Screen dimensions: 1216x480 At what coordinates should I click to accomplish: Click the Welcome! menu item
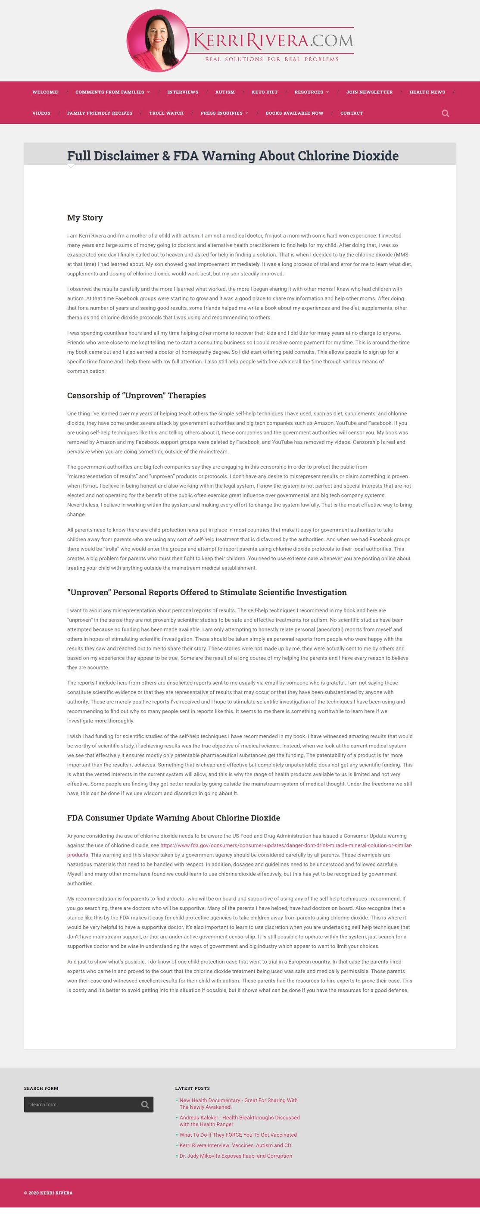coord(45,92)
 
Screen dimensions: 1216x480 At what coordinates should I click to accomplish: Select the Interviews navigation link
coord(183,92)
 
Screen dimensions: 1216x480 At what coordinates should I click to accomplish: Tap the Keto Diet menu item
coord(264,92)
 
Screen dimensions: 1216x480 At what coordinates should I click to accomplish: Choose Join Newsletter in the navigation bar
coord(369,92)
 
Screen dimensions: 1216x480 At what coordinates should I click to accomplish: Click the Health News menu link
coord(427,92)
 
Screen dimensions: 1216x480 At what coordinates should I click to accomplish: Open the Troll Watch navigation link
coord(166,113)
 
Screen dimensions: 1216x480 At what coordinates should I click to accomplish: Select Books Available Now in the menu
coord(294,113)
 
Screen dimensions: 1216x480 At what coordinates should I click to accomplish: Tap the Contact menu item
coord(351,113)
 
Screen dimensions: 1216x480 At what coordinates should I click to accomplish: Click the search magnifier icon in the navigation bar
coord(445,113)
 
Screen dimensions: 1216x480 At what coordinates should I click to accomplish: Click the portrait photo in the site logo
coord(158,41)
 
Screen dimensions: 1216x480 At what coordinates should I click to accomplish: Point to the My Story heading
coord(85,218)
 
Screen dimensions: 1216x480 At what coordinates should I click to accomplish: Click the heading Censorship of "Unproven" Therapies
coord(137,396)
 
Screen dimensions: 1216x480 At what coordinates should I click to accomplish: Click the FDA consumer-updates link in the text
coord(286,845)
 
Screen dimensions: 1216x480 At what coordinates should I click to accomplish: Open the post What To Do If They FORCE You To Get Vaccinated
coord(238,1135)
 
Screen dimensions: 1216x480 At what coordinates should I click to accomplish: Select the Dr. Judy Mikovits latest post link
coord(236,1156)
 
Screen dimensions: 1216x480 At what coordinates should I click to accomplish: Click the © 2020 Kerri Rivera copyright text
coord(48,1193)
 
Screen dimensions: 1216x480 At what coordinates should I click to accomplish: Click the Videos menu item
coord(41,113)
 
